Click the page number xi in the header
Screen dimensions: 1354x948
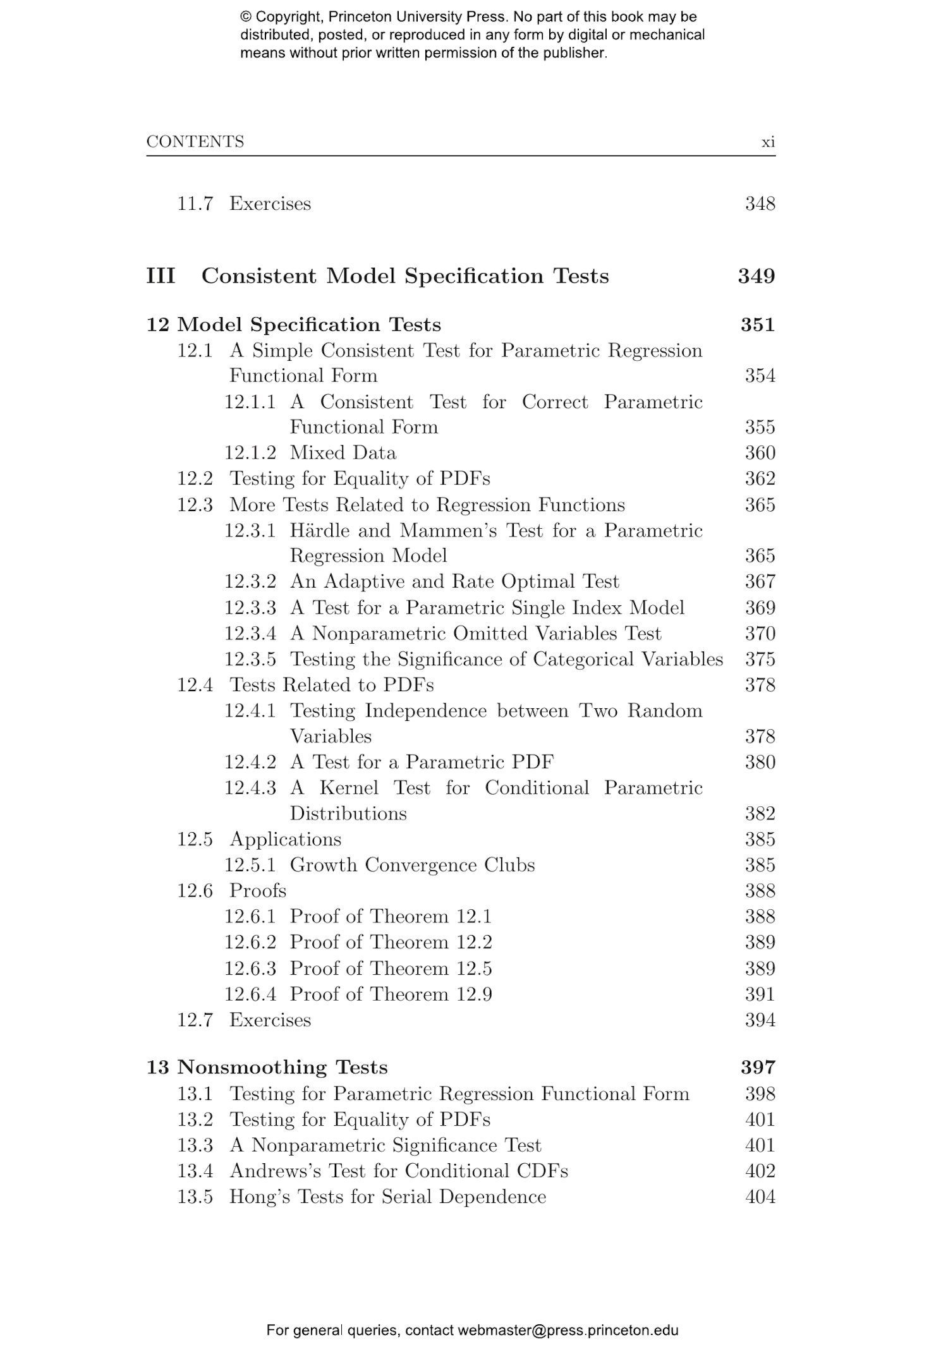click(768, 142)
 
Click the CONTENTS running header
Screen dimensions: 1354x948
click(195, 142)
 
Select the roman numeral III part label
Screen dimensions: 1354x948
click(161, 276)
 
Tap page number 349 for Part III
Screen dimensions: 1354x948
click(756, 276)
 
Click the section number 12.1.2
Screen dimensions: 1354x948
click(250, 453)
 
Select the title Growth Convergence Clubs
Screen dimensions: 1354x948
click(412, 865)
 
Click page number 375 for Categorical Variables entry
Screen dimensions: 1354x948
click(760, 659)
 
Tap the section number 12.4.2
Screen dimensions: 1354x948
click(250, 762)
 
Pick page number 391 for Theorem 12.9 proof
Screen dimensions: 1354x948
click(760, 994)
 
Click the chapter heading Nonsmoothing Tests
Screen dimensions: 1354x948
click(282, 1067)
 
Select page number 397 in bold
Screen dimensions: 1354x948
click(758, 1067)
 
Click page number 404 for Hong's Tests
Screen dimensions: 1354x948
click(760, 1197)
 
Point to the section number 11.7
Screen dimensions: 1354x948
click(195, 204)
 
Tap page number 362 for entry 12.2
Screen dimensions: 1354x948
click(760, 478)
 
